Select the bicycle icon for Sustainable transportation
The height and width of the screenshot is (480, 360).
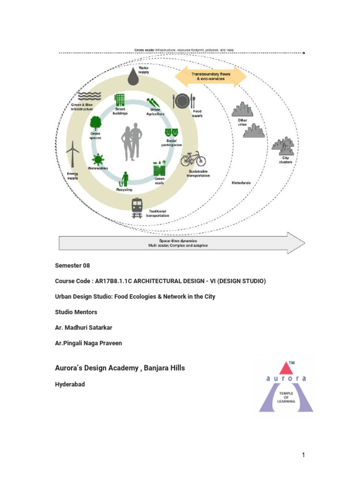click(x=193, y=159)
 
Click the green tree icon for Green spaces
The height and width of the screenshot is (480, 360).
click(x=96, y=123)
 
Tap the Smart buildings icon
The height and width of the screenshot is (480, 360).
click(x=120, y=100)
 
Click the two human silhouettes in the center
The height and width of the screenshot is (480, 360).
click(x=132, y=142)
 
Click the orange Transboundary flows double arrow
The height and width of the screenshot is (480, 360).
click(x=210, y=76)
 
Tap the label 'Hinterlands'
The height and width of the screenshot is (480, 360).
click(x=241, y=183)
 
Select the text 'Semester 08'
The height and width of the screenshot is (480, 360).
click(x=72, y=265)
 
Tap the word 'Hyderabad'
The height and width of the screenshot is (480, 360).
click(x=70, y=383)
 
